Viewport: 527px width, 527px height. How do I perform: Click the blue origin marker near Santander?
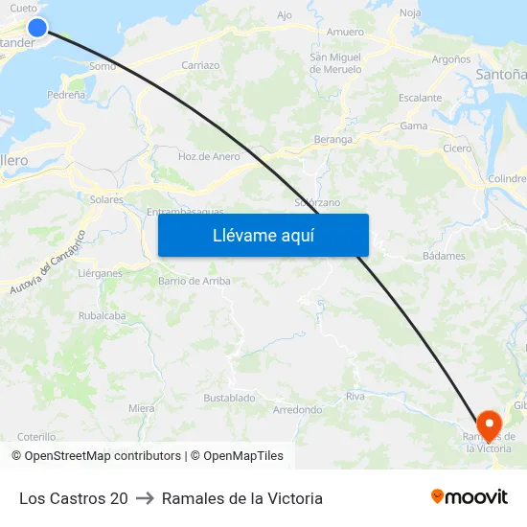37,27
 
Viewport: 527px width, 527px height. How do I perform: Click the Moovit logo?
469,496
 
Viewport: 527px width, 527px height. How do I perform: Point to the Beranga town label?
333,139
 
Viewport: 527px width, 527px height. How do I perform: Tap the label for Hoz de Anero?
209,156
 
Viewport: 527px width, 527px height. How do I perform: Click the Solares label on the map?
107,200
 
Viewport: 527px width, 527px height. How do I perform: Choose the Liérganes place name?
100,273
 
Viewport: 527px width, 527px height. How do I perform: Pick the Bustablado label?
229,398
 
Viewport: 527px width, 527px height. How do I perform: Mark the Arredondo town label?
298,409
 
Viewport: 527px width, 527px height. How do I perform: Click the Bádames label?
444,256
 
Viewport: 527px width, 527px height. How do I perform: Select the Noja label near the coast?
410,13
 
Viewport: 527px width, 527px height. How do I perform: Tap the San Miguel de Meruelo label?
335,63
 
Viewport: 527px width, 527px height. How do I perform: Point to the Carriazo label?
200,65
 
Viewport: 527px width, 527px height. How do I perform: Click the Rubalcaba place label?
102,315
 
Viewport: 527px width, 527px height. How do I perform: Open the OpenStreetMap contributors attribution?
103,456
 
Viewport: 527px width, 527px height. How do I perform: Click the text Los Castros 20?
74,498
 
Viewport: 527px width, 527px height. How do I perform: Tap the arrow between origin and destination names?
145,498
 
